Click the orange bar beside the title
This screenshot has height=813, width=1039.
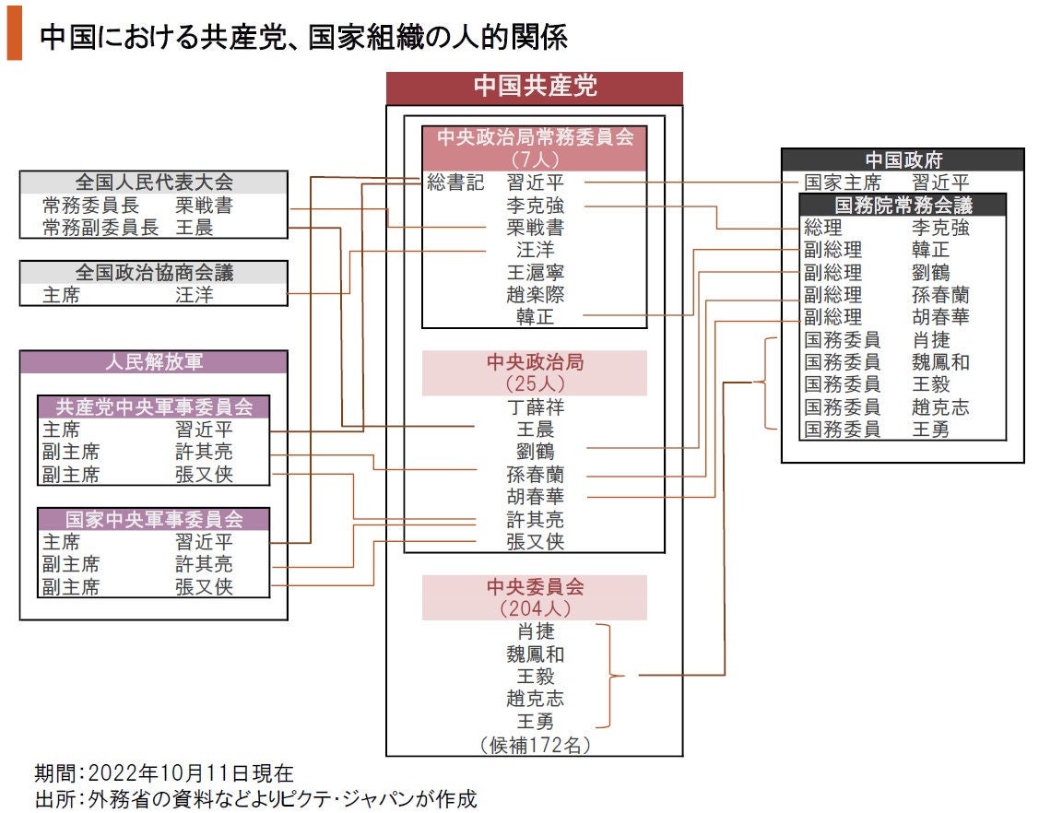point(15,34)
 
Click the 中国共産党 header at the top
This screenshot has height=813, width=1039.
point(535,87)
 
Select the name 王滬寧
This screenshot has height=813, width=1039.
point(536,272)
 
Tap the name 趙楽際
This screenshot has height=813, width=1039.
point(536,295)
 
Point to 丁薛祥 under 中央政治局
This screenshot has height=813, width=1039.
point(536,406)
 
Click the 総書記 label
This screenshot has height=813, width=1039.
point(455,183)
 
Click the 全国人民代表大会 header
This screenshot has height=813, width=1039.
point(154,183)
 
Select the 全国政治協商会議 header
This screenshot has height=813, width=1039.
point(154,272)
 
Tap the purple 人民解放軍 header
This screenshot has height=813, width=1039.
point(154,362)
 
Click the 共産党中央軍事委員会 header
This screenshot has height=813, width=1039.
point(154,406)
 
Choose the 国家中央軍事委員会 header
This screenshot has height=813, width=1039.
point(154,520)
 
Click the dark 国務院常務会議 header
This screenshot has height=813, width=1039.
point(903,205)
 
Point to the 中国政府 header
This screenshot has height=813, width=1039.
point(903,159)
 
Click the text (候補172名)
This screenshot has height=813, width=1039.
point(536,745)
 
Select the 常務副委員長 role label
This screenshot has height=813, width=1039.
point(100,228)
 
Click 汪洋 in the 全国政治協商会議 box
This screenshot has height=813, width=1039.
point(195,295)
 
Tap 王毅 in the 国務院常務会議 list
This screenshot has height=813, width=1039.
point(931,384)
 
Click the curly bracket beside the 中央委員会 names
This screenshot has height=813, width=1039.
point(610,677)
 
